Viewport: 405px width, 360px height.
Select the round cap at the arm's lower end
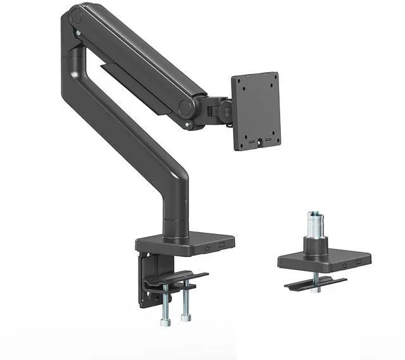[185, 107]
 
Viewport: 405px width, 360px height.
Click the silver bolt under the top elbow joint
[77, 32]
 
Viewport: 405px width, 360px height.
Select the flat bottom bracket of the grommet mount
[315, 283]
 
